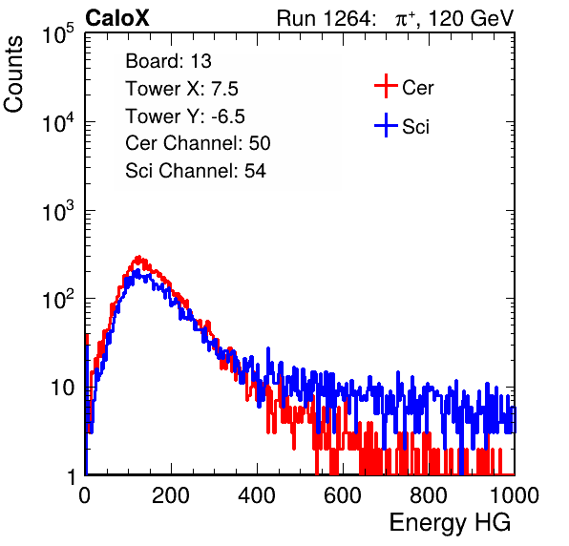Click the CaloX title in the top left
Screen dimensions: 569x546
pos(117,18)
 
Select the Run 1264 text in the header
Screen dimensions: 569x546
pos(325,18)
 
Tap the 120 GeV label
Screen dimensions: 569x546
pos(471,18)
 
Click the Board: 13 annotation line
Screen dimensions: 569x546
pos(168,61)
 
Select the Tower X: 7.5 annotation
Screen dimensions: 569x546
pos(181,89)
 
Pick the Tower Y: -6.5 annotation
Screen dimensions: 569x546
pos(185,116)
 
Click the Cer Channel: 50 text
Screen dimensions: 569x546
pos(198,143)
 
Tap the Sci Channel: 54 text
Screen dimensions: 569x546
pos(196,171)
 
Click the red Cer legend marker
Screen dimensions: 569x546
pos(386,86)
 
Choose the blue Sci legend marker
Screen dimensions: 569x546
pos(386,125)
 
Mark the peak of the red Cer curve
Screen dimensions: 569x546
pos(137,257)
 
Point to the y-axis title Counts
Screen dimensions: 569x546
pos(13,74)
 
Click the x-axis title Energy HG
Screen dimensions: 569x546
pos(450,523)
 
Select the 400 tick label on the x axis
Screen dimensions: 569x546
pos(257,495)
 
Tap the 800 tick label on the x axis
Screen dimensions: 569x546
pos(429,495)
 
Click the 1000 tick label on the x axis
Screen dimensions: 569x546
pos(515,495)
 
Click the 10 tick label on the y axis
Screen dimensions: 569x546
pos(63,388)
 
